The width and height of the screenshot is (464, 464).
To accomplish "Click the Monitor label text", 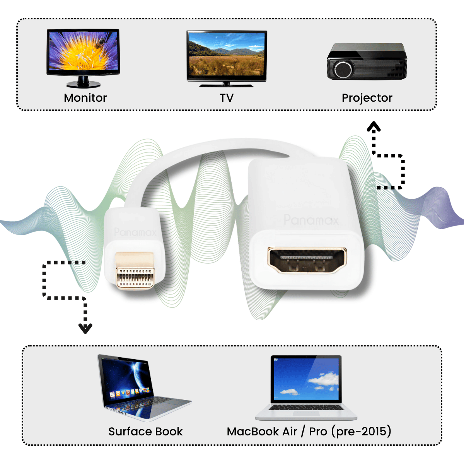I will point(85,98).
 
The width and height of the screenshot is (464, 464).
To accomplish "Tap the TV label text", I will point(227,98).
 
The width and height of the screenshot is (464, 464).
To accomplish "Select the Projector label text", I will point(367,98).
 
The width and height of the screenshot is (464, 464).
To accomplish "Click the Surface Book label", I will point(145,432).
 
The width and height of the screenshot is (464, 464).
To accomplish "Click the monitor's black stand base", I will point(83,84).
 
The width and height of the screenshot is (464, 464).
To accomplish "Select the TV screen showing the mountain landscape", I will point(227,56).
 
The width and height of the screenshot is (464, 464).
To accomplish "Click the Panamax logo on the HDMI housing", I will point(311,220).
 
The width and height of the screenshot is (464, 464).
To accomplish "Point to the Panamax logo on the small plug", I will point(135,232).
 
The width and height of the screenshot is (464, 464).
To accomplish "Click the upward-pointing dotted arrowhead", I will point(374,126).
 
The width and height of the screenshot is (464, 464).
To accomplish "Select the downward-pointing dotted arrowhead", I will point(85,329).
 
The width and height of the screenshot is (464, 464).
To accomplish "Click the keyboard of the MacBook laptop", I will point(306,408).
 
